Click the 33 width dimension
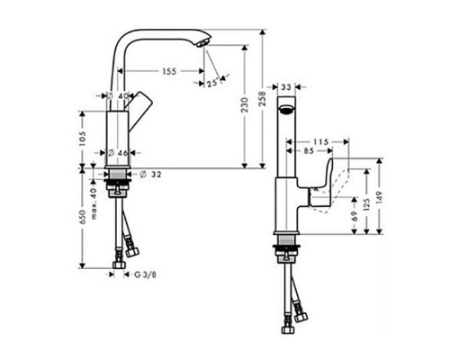coord(285,87)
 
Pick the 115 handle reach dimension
coord(325,142)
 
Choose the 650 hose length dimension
coord(81,219)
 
